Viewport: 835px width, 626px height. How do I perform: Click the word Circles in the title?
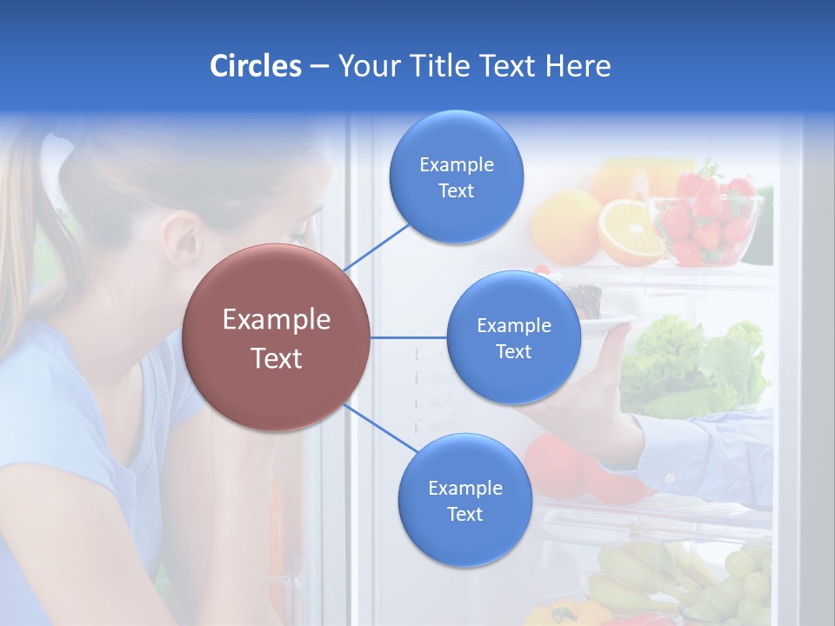coord(255,66)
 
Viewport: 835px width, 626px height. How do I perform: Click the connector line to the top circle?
coord(376,247)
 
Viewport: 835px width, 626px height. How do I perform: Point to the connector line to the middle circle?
coord(408,337)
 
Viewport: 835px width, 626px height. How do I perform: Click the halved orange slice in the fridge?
coord(631,231)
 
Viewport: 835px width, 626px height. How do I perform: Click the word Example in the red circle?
coord(276,320)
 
